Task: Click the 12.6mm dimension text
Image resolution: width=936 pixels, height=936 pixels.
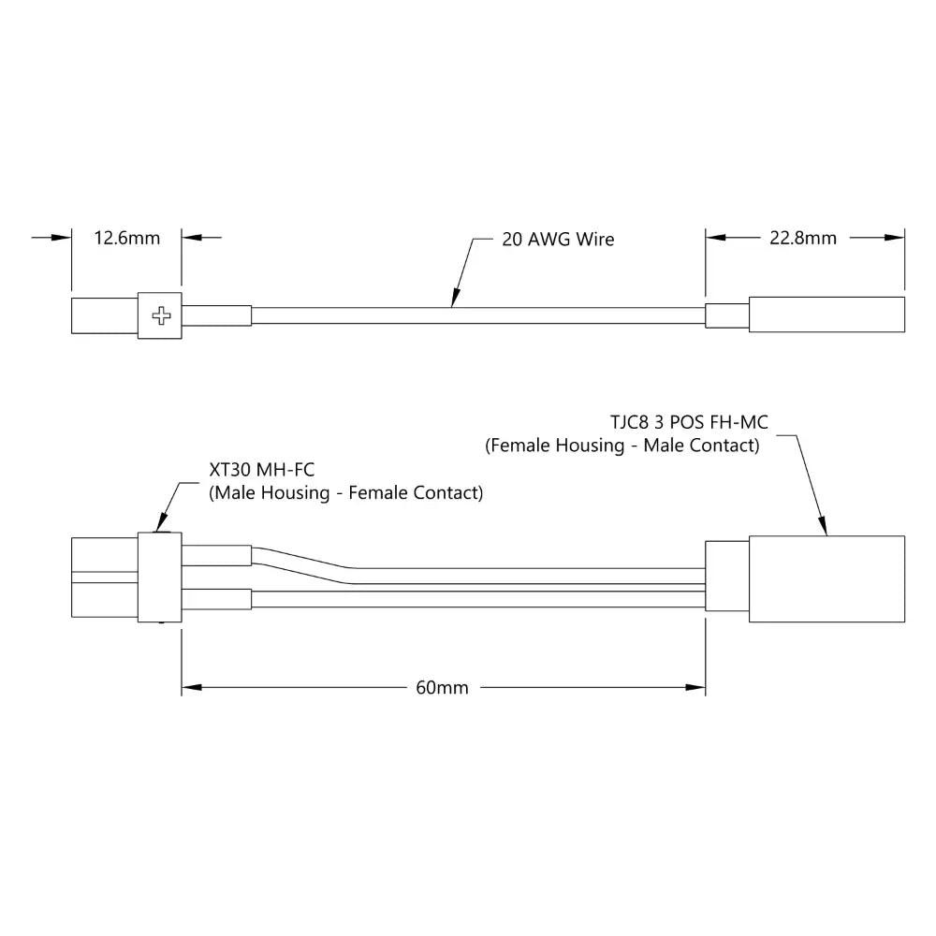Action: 127,238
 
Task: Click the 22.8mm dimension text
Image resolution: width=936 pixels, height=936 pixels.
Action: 803,238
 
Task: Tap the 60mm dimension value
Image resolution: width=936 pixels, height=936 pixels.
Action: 442,688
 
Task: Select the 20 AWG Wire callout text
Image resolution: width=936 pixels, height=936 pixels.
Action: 558,240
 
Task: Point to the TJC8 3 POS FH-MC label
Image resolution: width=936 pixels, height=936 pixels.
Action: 688,423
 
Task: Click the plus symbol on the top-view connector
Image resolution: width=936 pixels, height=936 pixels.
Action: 162,315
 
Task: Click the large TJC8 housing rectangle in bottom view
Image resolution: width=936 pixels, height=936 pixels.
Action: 826,579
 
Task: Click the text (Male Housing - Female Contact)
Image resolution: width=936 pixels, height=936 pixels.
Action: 345,493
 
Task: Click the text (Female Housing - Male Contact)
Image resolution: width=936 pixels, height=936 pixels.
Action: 622,446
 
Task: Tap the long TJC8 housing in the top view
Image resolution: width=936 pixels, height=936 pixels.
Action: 826,315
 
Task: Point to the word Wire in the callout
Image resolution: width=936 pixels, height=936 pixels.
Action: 595,240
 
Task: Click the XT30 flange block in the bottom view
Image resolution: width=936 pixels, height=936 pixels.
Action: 159,578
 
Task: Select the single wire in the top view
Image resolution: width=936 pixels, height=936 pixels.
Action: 477,315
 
